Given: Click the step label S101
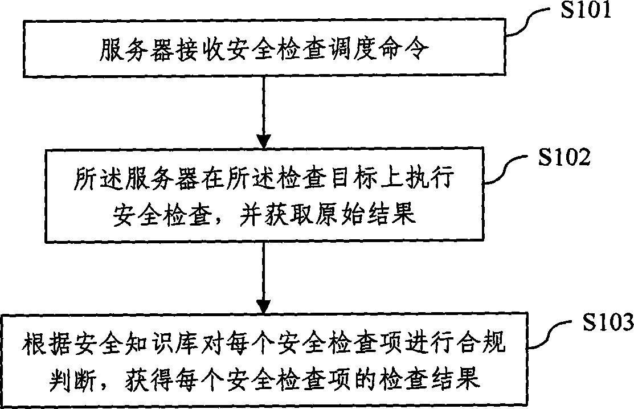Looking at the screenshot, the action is click(585, 10).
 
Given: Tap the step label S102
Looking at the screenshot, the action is click(563, 157).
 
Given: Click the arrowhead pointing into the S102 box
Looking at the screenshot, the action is click(264, 142).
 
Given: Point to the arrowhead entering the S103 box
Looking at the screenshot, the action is click(264, 306).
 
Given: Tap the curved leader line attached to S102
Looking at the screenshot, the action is click(508, 170).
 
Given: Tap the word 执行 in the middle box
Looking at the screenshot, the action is click(430, 177).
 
